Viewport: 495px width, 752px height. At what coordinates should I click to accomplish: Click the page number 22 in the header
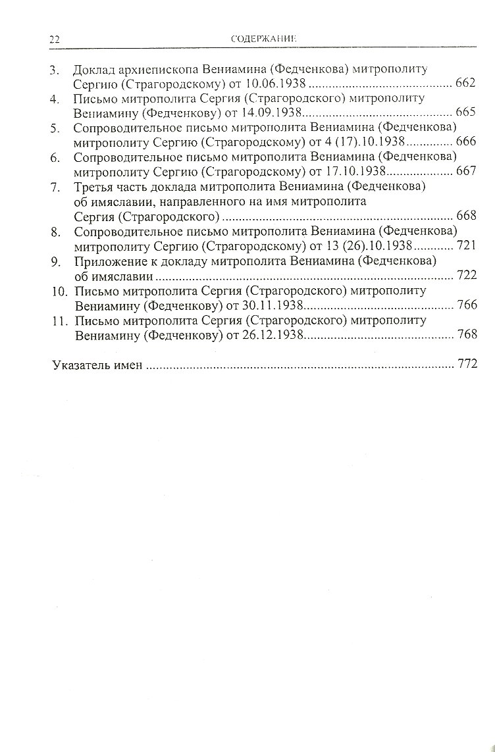(55, 39)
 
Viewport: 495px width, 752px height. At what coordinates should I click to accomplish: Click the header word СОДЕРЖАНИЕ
(264, 39)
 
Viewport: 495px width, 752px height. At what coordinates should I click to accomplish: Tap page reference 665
(465, 113)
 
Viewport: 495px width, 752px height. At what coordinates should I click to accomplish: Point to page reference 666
(465, 141)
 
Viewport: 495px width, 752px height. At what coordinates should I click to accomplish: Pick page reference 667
(465, 171)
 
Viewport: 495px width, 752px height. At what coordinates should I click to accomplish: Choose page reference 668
(465, 216)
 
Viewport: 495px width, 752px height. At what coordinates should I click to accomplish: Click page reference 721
(465, 245)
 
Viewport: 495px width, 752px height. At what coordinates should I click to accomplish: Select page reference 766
(465, 305)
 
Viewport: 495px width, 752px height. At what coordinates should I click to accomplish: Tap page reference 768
(465, 334)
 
